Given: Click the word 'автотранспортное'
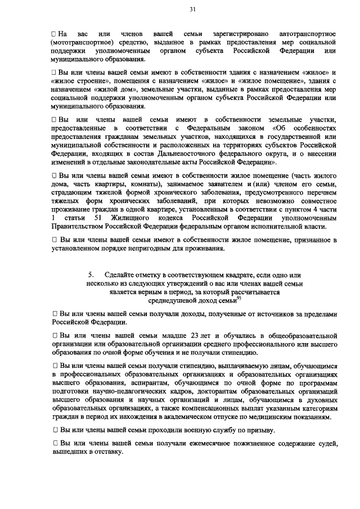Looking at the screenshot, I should pyautogui.click(x=308, y=35).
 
